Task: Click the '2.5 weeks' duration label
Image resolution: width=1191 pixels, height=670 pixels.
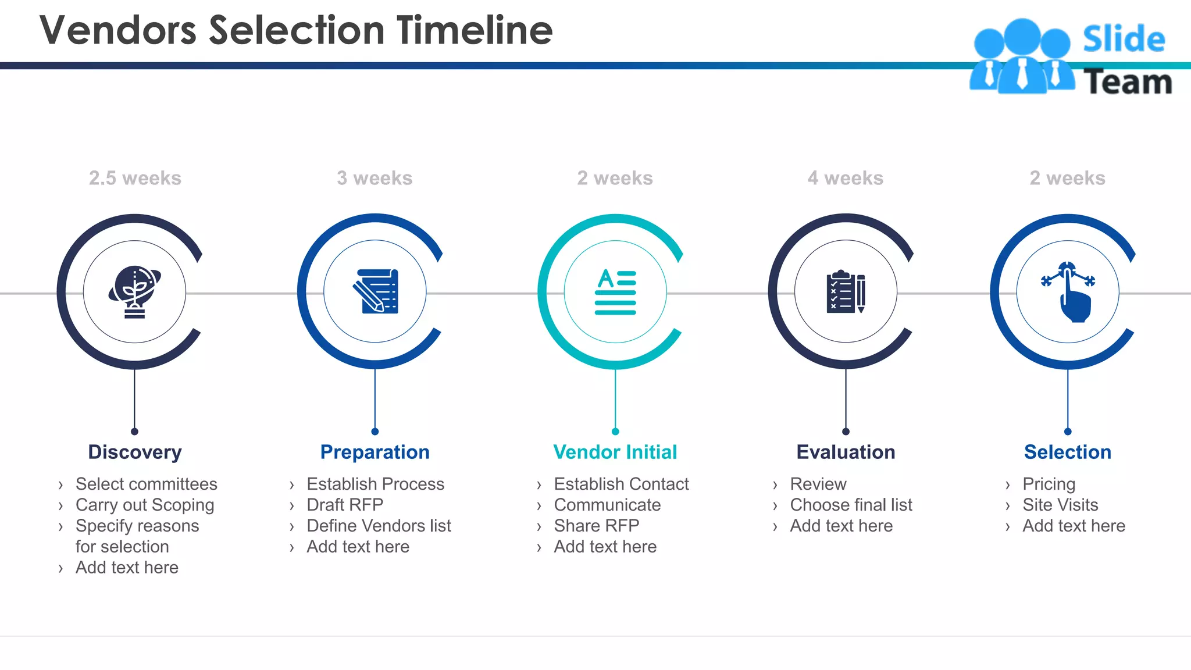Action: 135,178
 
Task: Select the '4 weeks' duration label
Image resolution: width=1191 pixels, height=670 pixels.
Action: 845,178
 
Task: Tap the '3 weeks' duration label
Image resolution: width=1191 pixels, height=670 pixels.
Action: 375,178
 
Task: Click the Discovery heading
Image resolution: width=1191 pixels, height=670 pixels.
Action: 135,452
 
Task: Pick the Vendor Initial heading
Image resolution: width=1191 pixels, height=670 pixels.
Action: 615,452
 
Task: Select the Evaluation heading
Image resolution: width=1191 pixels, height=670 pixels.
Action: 846,452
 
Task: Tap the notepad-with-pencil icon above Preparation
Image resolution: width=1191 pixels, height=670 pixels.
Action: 376,291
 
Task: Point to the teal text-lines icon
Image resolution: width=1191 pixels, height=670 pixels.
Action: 615,292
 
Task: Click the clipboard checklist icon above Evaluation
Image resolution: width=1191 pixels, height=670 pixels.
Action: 846,291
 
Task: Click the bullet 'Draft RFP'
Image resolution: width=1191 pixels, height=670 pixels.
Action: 345,505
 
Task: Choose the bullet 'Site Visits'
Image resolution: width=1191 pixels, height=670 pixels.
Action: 1060,505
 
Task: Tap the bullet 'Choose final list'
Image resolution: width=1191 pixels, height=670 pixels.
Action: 851,505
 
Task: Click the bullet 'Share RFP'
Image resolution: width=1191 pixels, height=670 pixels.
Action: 597,526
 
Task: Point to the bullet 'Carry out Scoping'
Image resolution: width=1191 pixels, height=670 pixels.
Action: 145,505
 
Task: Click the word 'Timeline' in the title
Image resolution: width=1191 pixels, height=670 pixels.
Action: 475,30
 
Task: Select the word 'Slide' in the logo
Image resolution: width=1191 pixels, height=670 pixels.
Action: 1124,40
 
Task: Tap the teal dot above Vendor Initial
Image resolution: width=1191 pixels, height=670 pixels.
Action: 615,432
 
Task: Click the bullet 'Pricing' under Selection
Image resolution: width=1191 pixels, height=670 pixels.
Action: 1049,484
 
